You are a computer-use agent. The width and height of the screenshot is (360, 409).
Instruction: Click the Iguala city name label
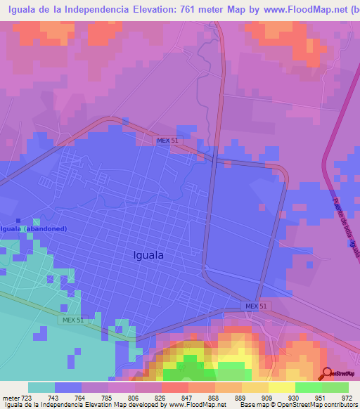tap(148, 256)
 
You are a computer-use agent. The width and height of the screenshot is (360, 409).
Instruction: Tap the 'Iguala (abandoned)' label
tap(34, 229)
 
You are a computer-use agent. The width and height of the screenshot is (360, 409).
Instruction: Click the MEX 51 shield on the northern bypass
tap(168, 141)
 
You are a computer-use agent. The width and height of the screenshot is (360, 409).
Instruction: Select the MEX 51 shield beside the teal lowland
tap(71, 320)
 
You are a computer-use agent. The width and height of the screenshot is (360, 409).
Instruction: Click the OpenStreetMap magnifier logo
tap(328, 372)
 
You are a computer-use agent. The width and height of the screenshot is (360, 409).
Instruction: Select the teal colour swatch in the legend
tap(41, 387)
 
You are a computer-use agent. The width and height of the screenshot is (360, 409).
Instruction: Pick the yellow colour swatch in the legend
tap(281, 387)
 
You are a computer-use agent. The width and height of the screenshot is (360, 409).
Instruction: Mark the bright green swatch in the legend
tap(308, 387)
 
